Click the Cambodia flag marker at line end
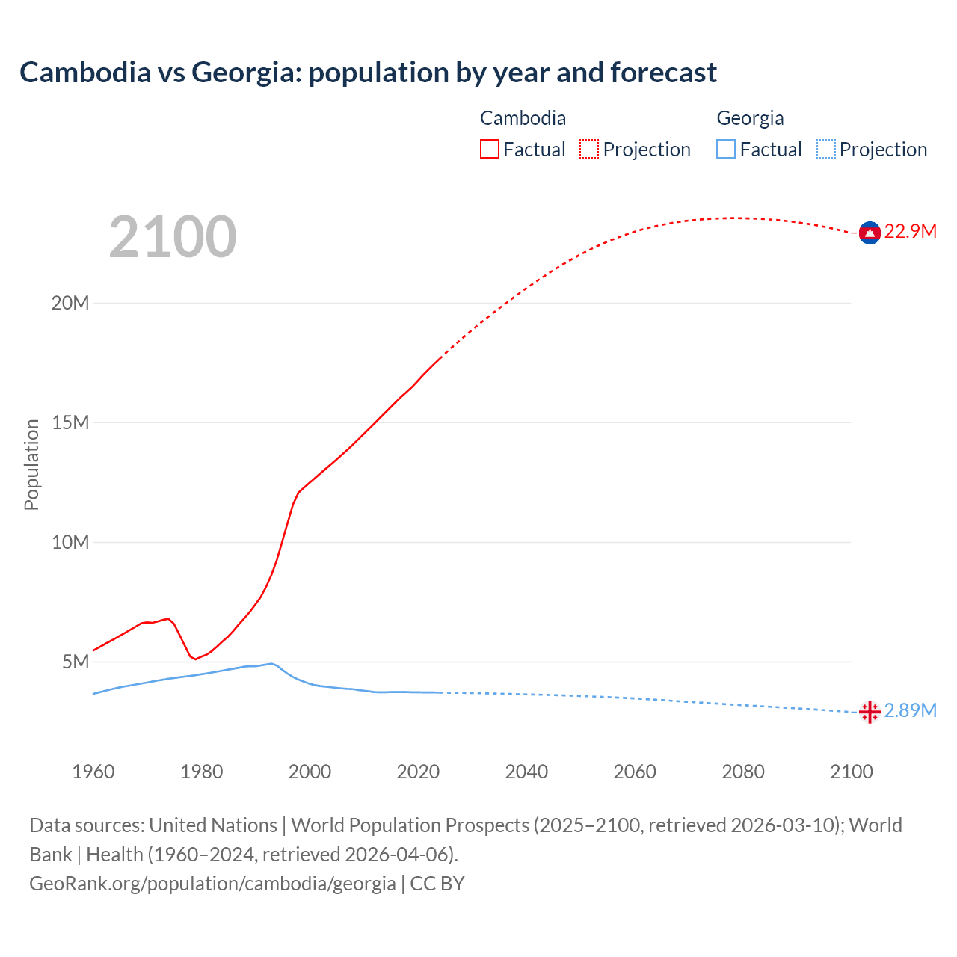click(x=870, y=233)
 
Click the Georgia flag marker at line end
click(x=870, y=712)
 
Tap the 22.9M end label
click(x=910, y=231)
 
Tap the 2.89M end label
click(x=910, y=710)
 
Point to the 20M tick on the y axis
click(x=70, y=303)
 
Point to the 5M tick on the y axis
click(x=76, y=662)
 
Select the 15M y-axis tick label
click(x=70, y=422)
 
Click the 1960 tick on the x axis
click(x=93, y=772)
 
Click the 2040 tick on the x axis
click(x=526, y=772)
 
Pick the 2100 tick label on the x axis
click(x=851, y=772)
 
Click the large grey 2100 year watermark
click(x=173, y=237)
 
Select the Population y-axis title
click(x=31, y=464)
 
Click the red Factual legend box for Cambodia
click(x=490, y=149)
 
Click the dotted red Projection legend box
click(x=589, y=149)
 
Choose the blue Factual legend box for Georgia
click(x=726, y=149)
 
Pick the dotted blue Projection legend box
click(x=825, y=149)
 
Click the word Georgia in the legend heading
click(x=750, y=118)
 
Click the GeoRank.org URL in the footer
click(x=212, y=884)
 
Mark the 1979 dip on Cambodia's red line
click(x=195, y=659)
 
